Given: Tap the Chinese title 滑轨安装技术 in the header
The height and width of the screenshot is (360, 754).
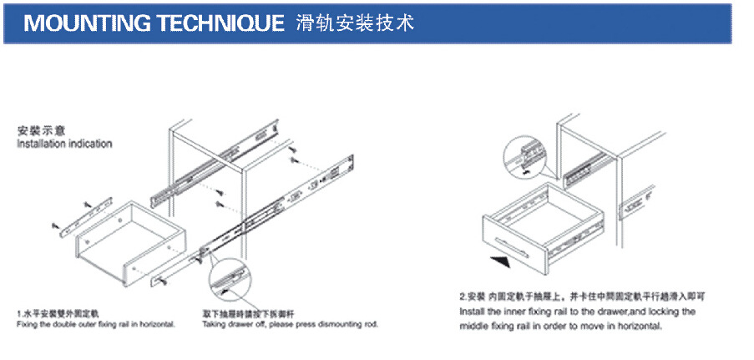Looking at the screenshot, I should click(355, 23).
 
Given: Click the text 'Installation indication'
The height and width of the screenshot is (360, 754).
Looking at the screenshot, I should click(64, 144).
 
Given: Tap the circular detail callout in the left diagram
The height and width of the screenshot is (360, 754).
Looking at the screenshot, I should click(230, 280).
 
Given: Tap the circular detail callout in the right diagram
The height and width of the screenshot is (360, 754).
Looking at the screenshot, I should click(524, 155).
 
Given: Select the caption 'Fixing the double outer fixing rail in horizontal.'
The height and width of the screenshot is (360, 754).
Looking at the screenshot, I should click(95, 323).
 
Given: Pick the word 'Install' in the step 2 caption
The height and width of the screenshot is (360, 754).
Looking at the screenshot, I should click(473, 311).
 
